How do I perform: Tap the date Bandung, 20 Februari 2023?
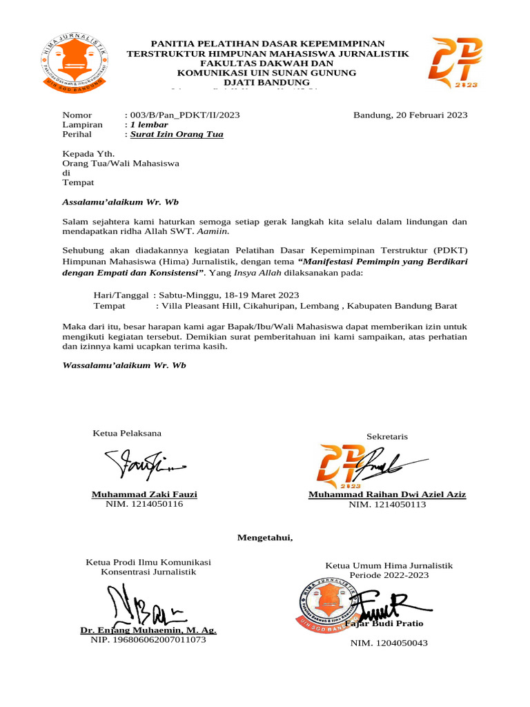tap(410, 115)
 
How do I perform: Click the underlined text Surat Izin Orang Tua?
tap(177, 135)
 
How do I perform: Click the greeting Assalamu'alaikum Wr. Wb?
tap(120, 202)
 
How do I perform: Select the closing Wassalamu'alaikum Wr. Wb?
tap(124, 365)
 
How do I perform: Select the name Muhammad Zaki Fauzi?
tap(144, 494)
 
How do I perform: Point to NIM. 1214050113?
tap(387, 505)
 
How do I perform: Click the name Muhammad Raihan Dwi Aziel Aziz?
tap(387, 494)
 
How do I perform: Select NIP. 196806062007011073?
tap(148, 640)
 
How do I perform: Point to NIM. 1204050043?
tap(389, 643)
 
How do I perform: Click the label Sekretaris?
tap(387, 436)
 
